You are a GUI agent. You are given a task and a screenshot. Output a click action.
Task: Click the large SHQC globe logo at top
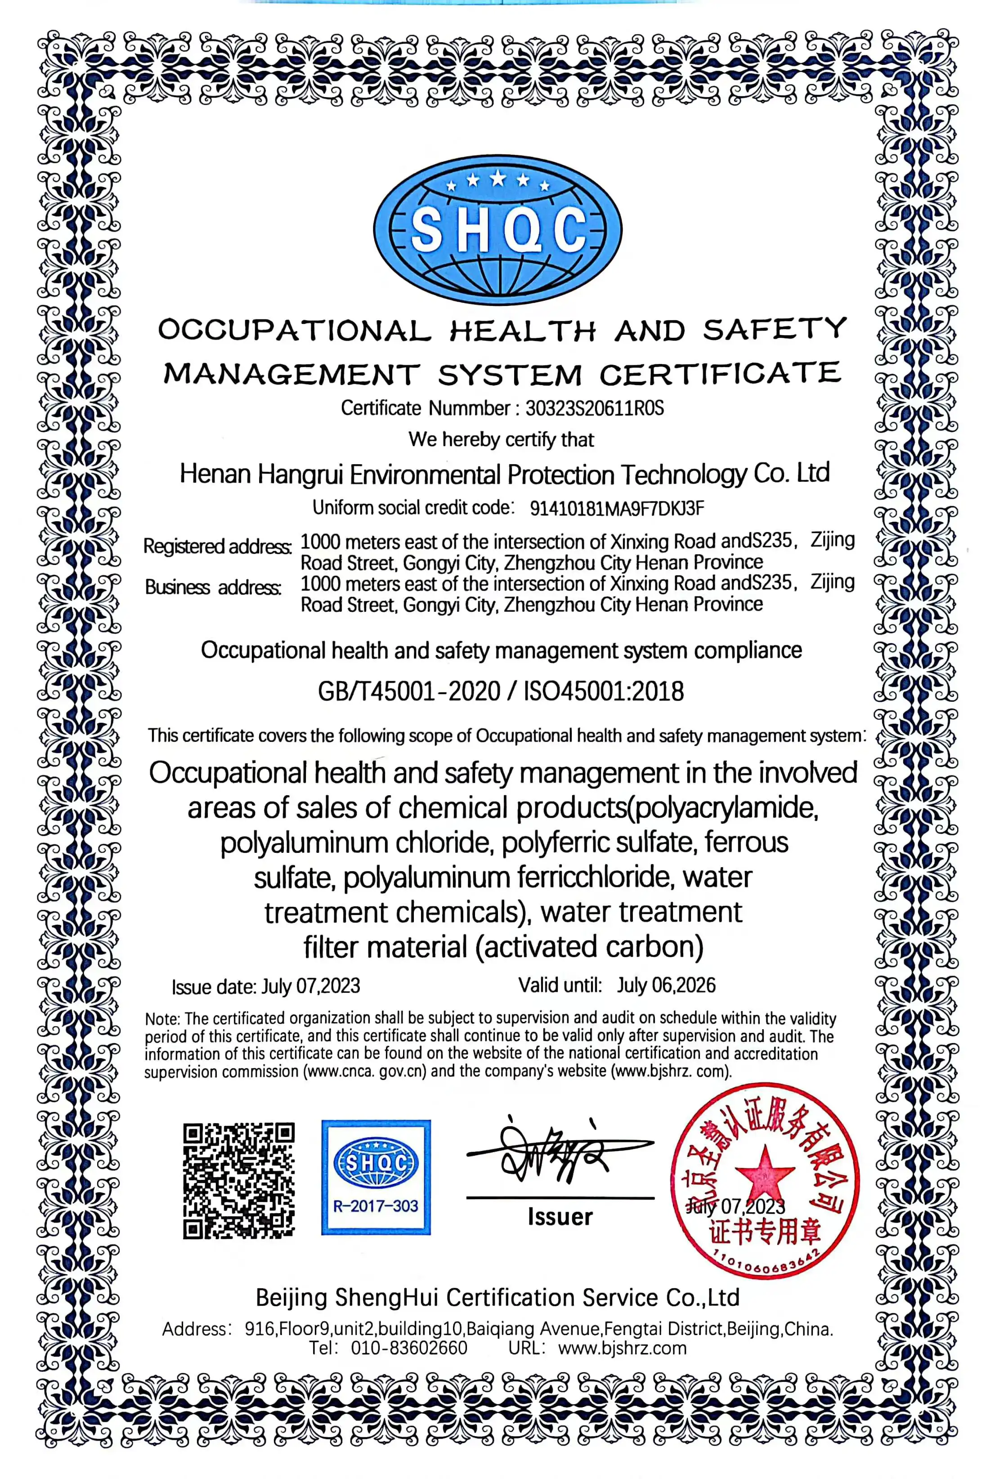tap(497, 230)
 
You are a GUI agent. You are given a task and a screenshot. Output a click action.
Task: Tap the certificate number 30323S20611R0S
tap(595, 408)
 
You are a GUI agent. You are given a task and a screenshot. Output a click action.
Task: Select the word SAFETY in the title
tap(774, 329)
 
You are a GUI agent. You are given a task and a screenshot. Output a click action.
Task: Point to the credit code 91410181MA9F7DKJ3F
tap(617, 509)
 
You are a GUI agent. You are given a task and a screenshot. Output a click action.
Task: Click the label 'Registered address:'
tap(217, 546)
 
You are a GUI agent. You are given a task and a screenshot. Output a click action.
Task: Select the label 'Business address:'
tap(213, 587)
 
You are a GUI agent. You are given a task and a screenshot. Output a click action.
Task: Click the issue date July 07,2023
tap(311, 986)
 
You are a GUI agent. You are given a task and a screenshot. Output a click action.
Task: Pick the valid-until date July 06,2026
tap(666, 985)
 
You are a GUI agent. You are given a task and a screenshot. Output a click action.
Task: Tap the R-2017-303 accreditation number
tap(376, 1206)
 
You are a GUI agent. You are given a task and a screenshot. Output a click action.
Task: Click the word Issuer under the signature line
tap(560, 1216)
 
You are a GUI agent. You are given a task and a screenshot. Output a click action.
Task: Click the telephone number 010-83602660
tap(409, 1348)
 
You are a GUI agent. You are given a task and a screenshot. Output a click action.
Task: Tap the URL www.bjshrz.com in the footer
tap(623, 1348)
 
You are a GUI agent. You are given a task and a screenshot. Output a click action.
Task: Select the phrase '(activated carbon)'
tap(590, 947)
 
